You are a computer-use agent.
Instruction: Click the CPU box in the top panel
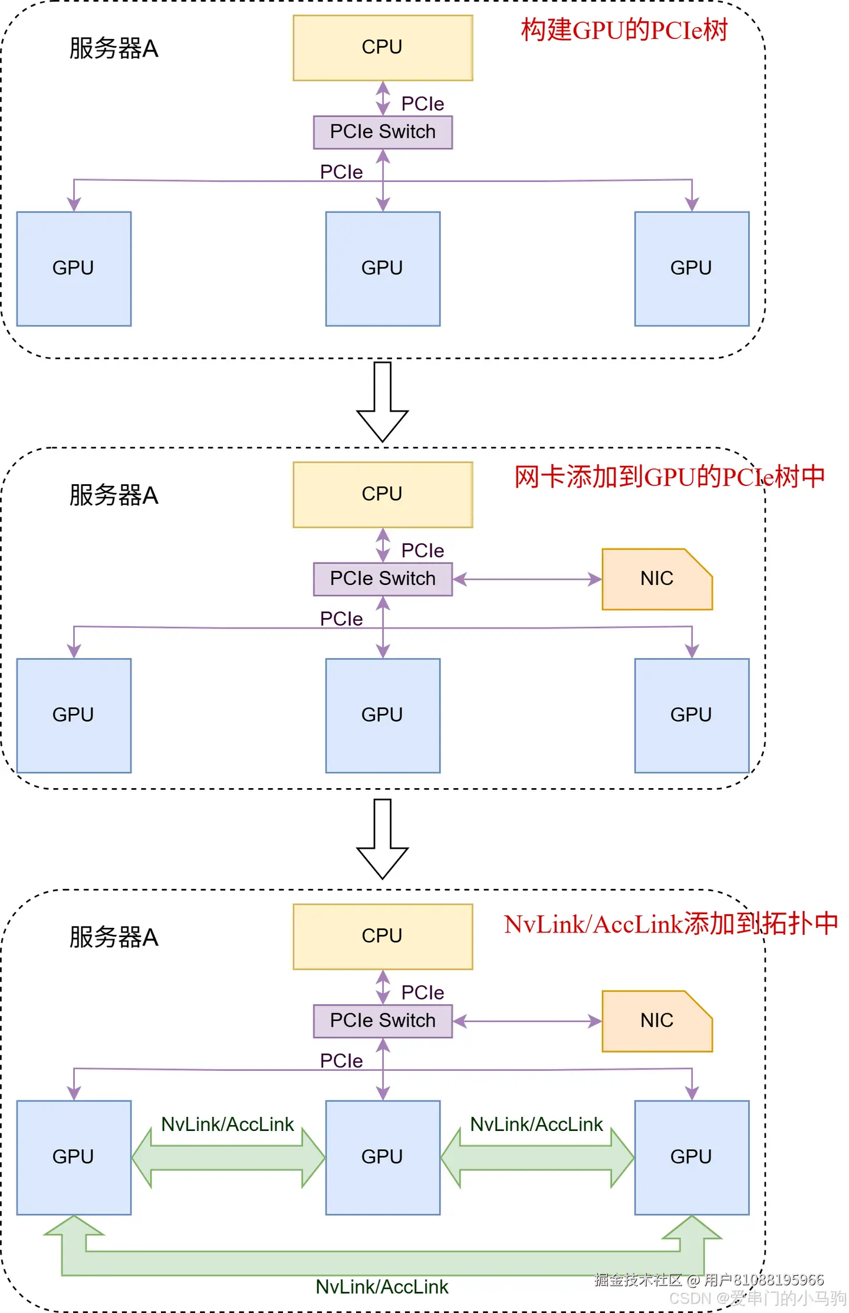383,48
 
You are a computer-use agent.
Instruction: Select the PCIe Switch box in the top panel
383,132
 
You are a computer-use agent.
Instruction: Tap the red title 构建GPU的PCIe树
624,30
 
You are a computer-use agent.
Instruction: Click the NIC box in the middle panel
656,578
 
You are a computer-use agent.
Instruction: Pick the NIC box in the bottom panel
656,1020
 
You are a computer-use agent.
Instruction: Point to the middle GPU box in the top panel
383,269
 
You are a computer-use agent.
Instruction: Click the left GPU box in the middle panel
74,715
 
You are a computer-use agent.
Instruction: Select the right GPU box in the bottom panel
692,1157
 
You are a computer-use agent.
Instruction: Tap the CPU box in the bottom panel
383,936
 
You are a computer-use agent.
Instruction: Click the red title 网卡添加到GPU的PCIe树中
669,477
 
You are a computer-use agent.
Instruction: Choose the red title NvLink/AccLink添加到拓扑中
670,924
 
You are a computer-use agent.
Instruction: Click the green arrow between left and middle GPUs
228,1157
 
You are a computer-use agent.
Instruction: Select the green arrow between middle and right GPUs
537,1157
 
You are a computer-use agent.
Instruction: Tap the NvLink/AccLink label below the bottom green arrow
382,1286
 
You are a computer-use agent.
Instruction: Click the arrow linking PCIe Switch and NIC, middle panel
527,579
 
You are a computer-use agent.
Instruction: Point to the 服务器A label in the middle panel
114,495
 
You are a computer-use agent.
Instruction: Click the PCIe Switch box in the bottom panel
383,1020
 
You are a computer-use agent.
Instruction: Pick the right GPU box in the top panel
692,269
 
